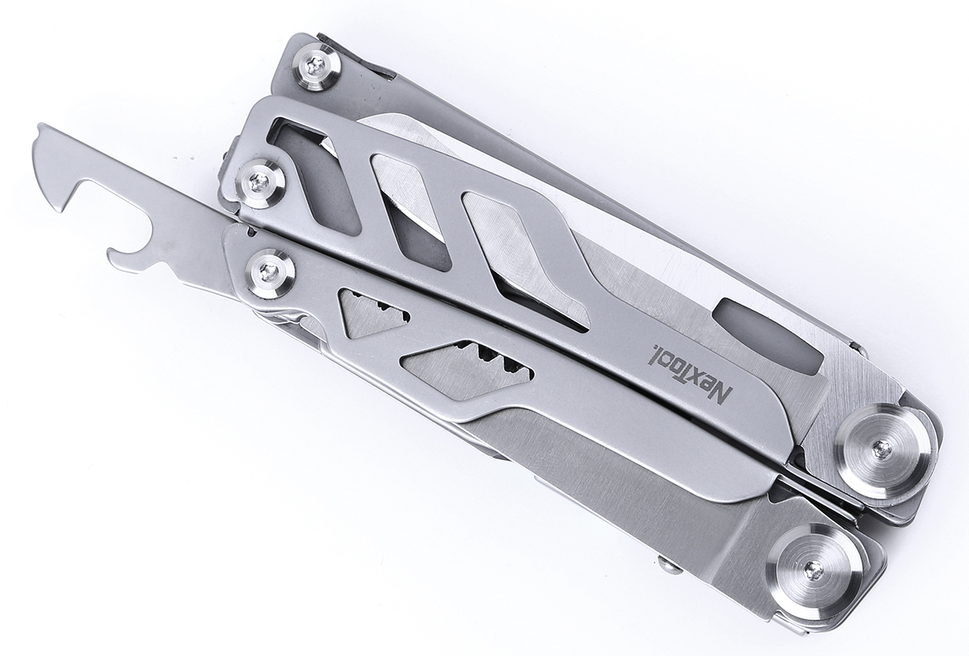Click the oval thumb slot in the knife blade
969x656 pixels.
tap(767, 334)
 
